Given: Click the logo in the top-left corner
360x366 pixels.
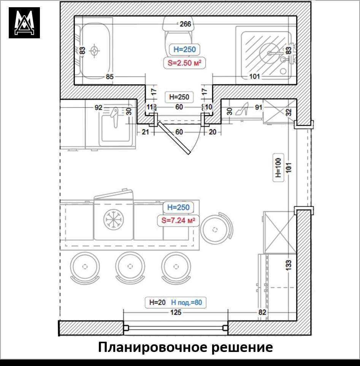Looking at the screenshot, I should [x=24, y=23].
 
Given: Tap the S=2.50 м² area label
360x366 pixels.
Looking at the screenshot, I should [x=184, y=62].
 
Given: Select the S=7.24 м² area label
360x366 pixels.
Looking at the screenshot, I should [x=178, y=220].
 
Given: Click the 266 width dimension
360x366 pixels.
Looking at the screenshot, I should [x=185, y=24].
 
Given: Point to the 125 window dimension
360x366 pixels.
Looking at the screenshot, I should [x=176, y=312].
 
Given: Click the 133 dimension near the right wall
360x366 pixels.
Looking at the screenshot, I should [x=289, y=265].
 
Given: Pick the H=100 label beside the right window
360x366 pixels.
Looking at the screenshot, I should [x=278, y=168].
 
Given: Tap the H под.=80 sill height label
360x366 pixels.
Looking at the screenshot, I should [x=186, y=303].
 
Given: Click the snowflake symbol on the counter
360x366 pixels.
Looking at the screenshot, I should [x=114, y=219].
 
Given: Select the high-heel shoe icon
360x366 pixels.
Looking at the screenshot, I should [x=242, y=109].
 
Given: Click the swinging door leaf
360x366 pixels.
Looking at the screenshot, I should [x=174, y=138].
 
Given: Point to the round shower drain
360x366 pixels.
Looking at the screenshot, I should [x=271, y=53].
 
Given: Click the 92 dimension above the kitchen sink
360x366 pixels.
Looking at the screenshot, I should [x=98, y=107].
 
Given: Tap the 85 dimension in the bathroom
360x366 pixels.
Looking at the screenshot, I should [x=109, y=77].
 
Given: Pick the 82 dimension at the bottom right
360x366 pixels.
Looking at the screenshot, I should [x=262, y=312].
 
